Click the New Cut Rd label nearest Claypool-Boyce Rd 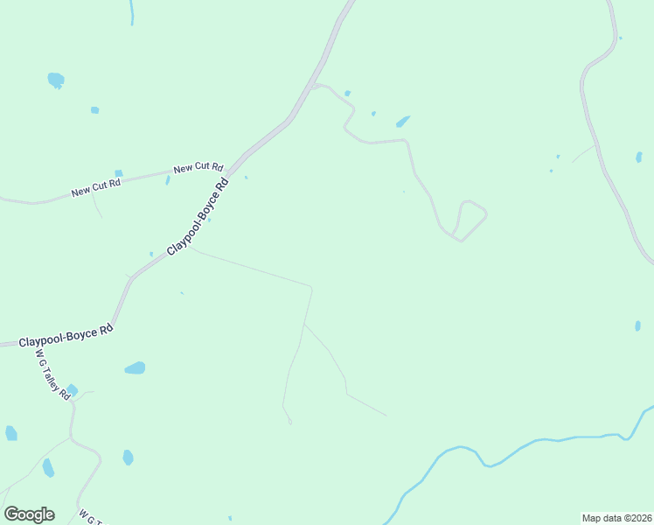pos(198,167)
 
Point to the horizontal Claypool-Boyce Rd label pos(66,334)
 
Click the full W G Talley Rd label pos(52,374)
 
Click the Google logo pos(29,514)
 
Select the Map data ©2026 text pos(617,518)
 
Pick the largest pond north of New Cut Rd pos(55,80)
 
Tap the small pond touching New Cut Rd pos(119,173)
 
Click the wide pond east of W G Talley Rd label pos(135,368)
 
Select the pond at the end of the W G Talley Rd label pos(72,390)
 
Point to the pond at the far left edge pos(10,433)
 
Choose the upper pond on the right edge pos(638,157)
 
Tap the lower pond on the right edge pos(637,325)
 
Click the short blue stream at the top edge pos(132,11)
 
